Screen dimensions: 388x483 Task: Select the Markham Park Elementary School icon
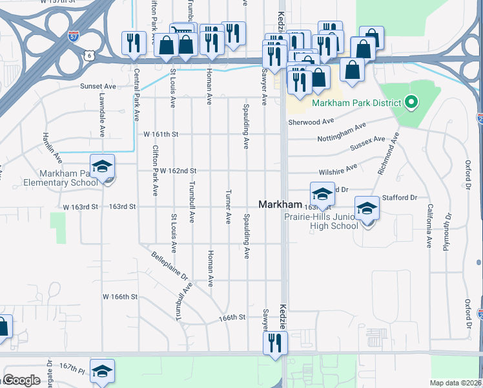coord(103,167)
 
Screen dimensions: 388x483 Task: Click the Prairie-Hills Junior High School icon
coord(367,209)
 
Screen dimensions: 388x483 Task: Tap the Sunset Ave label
coord(98,86)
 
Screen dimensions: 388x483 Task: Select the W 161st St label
coord(159,134)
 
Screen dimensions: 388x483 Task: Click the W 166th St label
coord(121,297)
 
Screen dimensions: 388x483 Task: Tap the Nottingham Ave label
coord(342,132)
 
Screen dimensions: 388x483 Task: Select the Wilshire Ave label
coord(338,169)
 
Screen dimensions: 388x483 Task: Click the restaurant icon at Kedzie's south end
coord(273,343)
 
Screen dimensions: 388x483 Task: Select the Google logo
coord(21,380)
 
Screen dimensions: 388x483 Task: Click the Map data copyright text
coord(455,383)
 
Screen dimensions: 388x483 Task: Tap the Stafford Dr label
coord(400,198)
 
